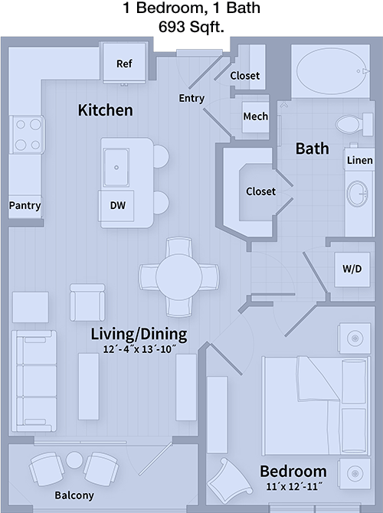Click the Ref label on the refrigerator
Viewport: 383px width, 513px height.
(x=124, y=64)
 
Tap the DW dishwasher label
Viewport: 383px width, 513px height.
(x=117, y=205)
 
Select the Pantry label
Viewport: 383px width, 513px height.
(x=25, y=205)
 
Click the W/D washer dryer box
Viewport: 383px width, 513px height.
(x=352, y=269)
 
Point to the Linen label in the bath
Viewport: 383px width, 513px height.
(x=360, y=160)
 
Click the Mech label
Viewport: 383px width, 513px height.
(x=255, y=116)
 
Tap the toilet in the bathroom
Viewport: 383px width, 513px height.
(x=354, y=124)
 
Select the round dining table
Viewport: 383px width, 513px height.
(x=178, y=277)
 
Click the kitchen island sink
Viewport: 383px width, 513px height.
(x=116, y=167)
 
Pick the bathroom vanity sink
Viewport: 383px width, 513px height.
(x=358, y=194)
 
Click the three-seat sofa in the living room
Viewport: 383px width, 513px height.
(x=34, y=381)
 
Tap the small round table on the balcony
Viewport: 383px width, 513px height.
(x=74, y=460)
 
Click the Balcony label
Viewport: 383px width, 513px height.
(x=74, y=495)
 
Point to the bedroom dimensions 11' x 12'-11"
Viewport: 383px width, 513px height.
(x=293, y=486)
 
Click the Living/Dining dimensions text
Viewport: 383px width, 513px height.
(x=139, y=349)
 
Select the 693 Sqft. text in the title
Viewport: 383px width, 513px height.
(x=191, y=27)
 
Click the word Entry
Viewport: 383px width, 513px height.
(x=191, y=98)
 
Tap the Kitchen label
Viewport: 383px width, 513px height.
(x=106, y=110)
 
